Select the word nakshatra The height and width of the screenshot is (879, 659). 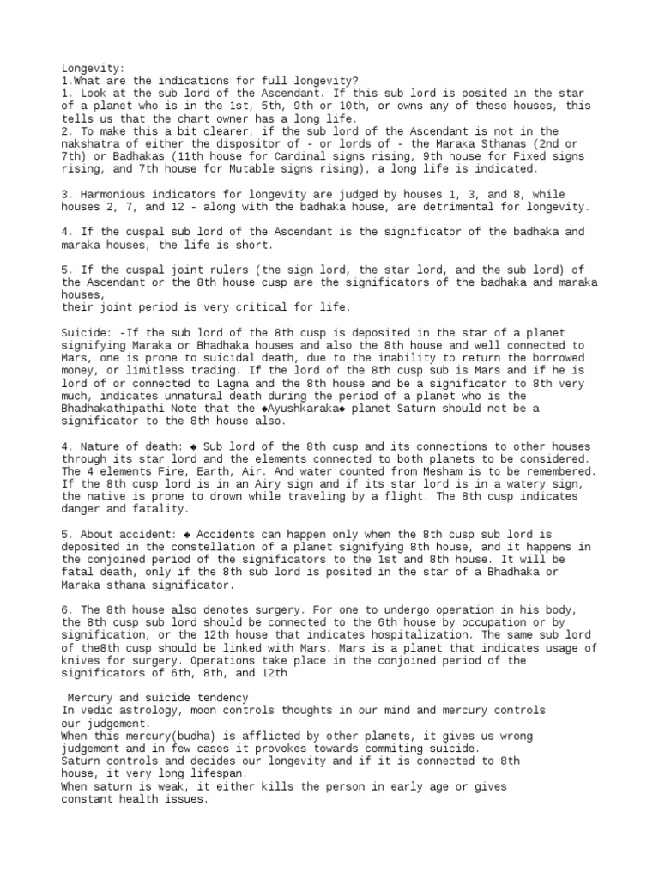point(93,144)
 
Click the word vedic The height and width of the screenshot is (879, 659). point(98,712)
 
